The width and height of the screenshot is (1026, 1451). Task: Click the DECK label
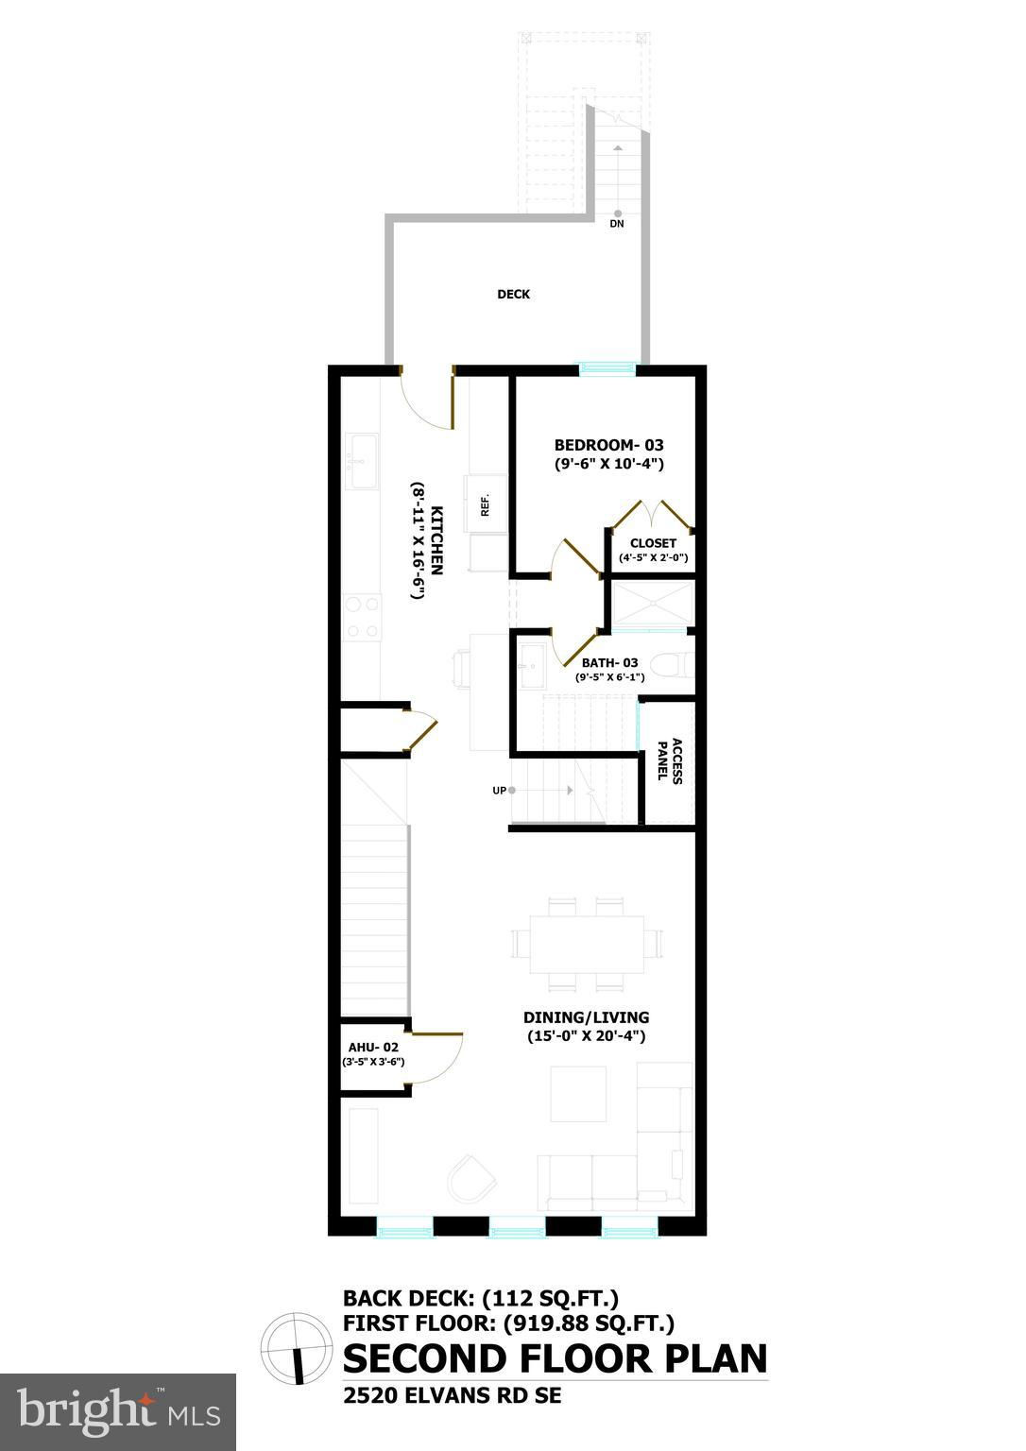513,294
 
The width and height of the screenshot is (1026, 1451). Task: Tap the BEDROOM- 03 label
608,445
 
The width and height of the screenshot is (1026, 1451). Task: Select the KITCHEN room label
436,540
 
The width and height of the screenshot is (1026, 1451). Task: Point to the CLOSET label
653,543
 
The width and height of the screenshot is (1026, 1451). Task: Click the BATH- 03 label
609,662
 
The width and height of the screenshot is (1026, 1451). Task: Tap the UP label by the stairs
499,791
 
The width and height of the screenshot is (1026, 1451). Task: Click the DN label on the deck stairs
617,224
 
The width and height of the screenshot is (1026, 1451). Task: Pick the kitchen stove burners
363,617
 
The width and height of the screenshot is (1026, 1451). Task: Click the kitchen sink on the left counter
362,461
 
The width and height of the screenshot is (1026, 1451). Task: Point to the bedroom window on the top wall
607,369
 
